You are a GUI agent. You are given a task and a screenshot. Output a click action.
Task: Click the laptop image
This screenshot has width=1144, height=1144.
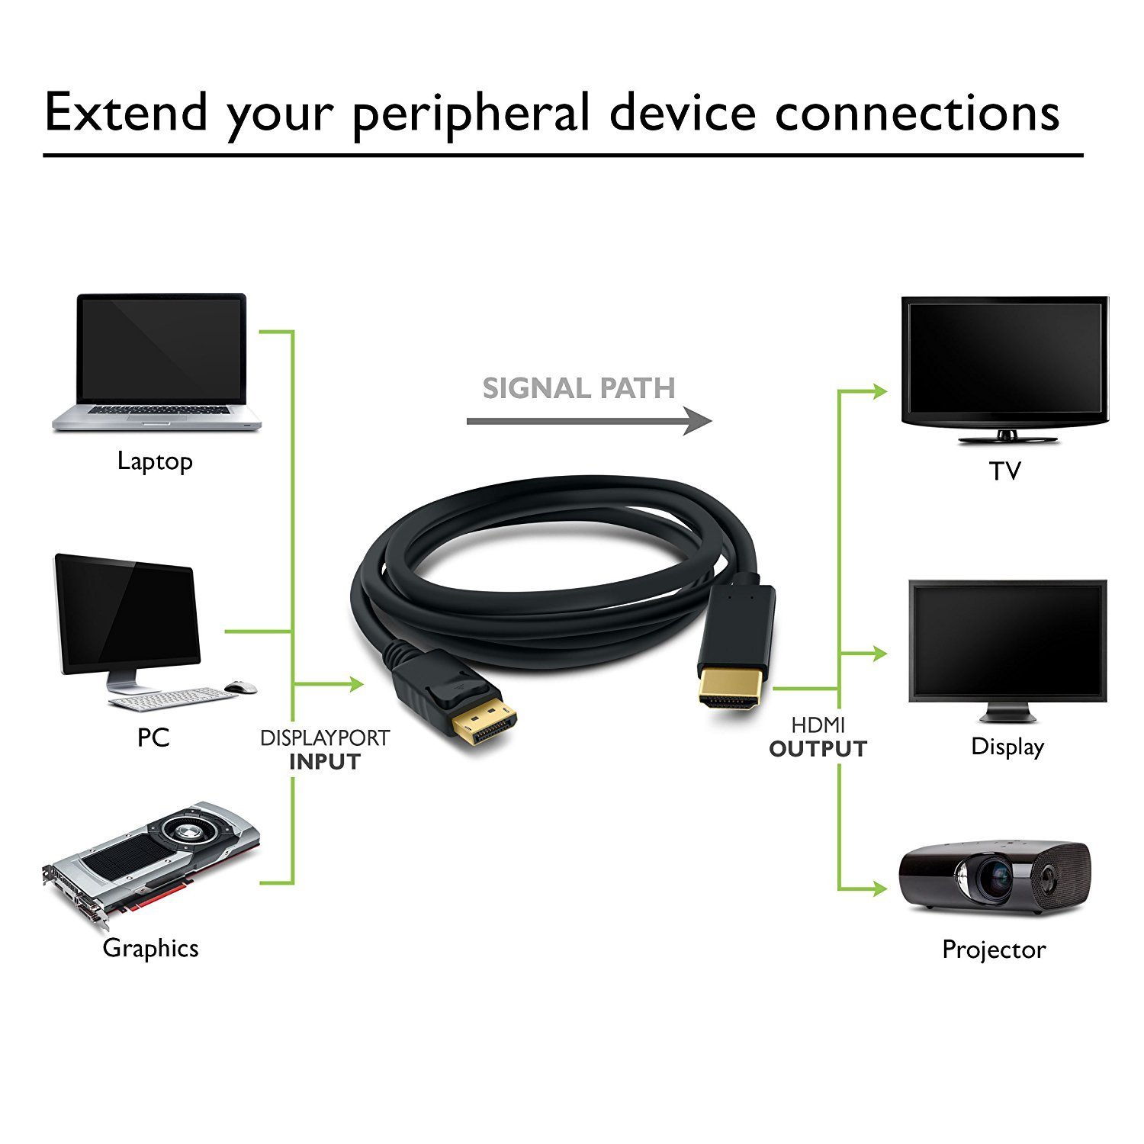coord(158,363)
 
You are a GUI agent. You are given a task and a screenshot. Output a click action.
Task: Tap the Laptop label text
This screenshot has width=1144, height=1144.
coord(155,461)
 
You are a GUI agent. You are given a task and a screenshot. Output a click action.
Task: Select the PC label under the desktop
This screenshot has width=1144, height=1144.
coord(153,737)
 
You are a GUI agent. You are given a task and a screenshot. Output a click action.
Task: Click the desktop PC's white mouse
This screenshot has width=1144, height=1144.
coord(244,687)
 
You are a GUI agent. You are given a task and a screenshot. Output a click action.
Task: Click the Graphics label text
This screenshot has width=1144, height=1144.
coord(150,948)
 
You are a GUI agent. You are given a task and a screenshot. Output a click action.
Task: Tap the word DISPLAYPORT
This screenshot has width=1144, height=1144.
coord(325,738)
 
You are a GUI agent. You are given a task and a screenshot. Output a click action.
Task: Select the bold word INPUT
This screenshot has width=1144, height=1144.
coord(324,762)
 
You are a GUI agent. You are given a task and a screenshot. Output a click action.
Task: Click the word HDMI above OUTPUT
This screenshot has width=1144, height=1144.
coord(818,725)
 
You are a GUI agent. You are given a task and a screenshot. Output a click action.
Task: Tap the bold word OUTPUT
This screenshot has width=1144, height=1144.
coord(818,750)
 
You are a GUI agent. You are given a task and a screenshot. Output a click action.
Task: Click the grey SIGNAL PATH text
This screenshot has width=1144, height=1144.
coord(579,389)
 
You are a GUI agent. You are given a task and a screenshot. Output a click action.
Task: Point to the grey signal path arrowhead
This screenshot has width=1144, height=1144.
coord(698,421)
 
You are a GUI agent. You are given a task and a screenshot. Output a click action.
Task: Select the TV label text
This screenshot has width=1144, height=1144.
coord(1004,471)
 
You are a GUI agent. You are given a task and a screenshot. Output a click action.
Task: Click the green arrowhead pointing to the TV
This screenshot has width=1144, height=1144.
coord(881,392)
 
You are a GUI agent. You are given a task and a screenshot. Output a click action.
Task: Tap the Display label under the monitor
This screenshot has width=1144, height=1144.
coord(1007,747)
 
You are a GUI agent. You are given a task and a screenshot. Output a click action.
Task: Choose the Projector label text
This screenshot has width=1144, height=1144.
coord(994,950)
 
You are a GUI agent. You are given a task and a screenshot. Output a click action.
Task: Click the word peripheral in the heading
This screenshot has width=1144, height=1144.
coord(471,114)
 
